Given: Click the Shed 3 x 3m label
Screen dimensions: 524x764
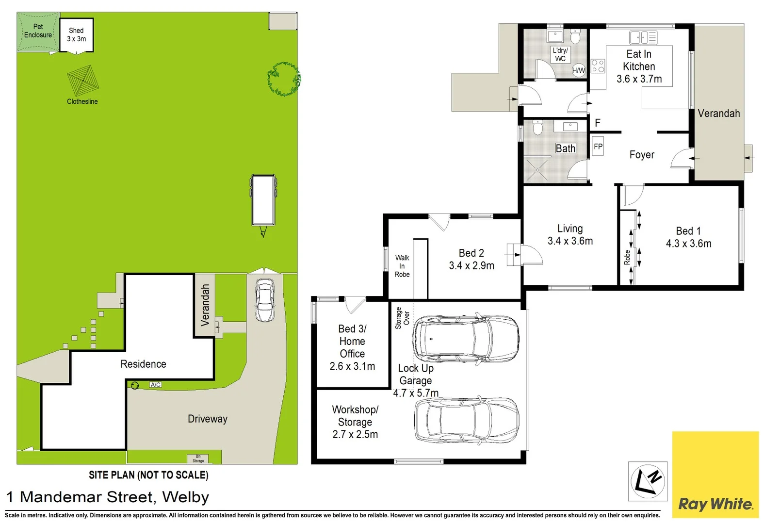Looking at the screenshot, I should pos(76,35).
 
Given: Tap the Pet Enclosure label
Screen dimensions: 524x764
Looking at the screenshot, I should pos(38,31).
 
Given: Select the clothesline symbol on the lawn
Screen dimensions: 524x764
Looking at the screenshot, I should pos(83,81).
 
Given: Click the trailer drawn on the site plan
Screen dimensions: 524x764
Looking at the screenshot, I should pos(263,201).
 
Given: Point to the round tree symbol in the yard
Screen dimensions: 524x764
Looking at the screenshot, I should pos(284,79).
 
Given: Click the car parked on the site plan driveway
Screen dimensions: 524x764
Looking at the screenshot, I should pos(265,300).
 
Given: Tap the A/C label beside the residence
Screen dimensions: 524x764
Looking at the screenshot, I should pos(155,385).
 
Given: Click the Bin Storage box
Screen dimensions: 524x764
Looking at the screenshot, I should pos(198,458).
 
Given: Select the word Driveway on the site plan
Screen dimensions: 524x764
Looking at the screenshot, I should pos(207,419).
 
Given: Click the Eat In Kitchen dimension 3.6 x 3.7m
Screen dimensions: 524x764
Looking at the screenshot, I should pos(639,79).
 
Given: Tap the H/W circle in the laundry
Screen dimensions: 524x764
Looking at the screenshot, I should pos(579,70).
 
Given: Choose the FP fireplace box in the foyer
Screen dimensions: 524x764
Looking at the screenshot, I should pos(598,147).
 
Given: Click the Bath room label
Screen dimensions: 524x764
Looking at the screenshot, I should pos(566,148).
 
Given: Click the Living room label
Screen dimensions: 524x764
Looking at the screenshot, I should pos(570,229).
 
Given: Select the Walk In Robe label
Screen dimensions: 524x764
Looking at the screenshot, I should pos(402,266).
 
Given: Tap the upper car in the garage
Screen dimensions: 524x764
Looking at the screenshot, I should pos(466,339).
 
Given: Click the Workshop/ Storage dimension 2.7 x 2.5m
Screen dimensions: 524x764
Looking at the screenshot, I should pos(355,435).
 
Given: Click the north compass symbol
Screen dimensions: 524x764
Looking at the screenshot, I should pos(648,481).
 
